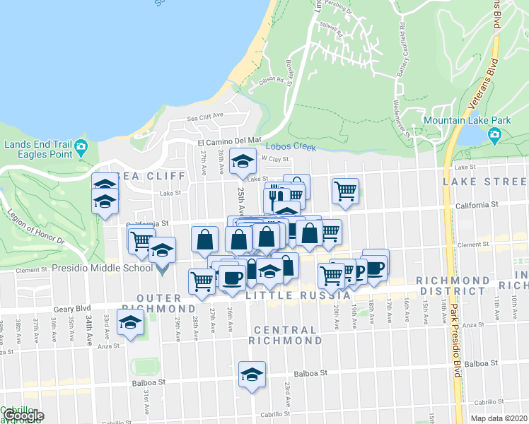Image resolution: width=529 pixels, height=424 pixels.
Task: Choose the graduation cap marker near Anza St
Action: click(130, 323)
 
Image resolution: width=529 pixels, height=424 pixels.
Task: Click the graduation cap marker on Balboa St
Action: click(251, 375)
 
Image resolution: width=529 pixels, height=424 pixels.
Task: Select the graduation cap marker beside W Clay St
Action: click(243, 161)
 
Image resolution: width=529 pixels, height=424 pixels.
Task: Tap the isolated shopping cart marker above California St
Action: click(345, 190)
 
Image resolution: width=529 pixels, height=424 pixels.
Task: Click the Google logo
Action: click(23, 416)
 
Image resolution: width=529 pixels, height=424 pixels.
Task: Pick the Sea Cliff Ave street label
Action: click(205, 117)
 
